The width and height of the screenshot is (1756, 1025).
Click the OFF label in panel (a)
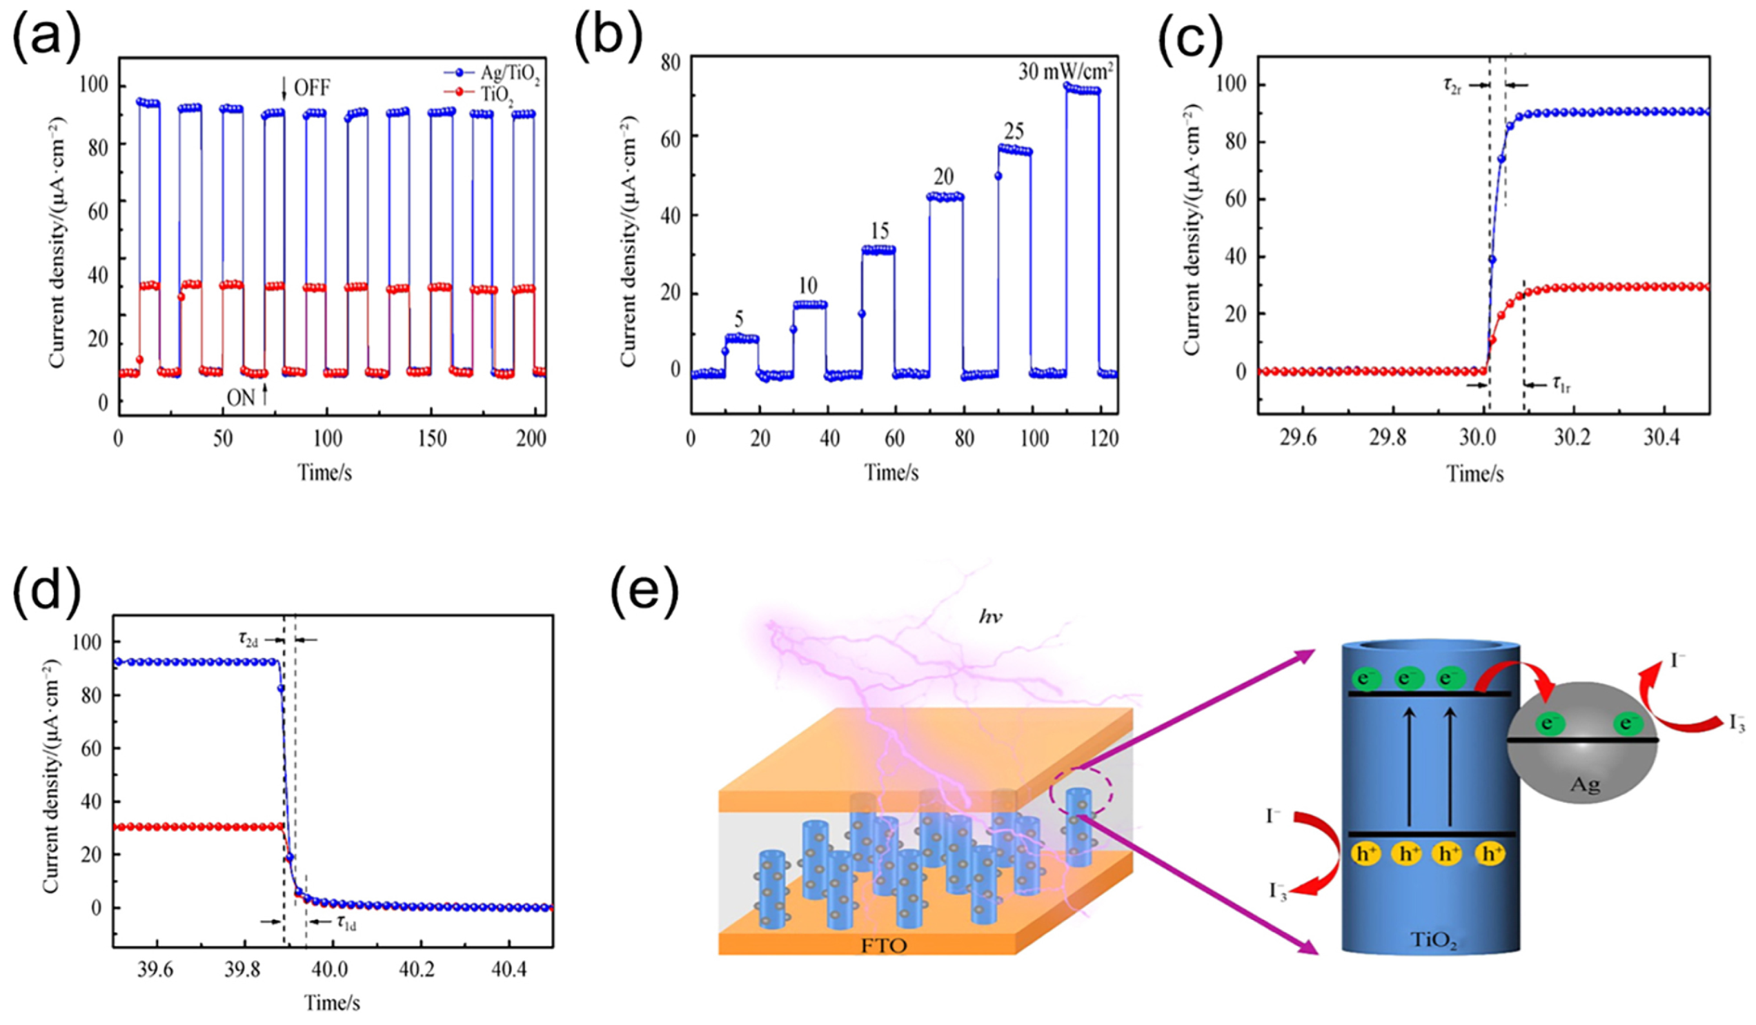coord(311,88)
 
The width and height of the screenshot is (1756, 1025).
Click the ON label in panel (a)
coord(240,398)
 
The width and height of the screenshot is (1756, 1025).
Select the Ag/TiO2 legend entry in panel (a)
coord(509,74)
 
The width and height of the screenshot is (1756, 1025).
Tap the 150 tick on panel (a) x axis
coord(432,437)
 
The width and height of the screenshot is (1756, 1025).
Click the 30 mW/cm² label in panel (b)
coord(1065,72)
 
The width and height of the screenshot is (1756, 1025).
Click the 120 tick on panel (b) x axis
coord(1103,437)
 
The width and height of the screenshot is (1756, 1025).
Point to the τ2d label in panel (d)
coord(246,638)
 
